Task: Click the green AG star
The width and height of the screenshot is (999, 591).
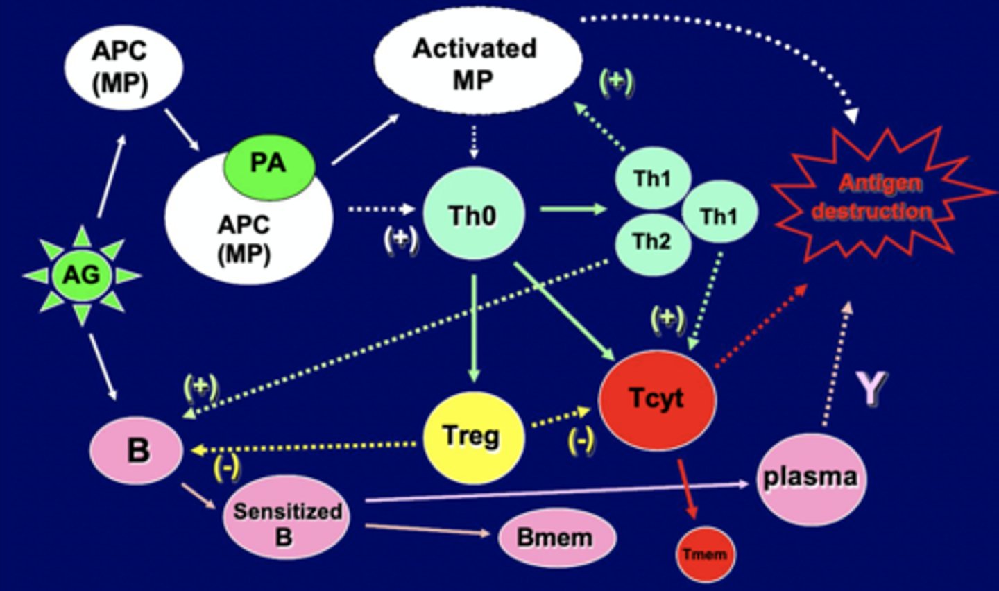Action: click(x=82, y=275)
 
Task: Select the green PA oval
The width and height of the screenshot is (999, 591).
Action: click(x=268, y=164)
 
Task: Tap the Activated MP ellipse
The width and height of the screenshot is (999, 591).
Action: click(x=477, y=63)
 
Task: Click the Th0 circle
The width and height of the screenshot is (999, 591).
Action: click(x=472, y=216)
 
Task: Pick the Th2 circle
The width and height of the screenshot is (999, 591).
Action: click(x=652, y=242)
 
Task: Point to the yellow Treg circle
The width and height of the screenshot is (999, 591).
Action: click(x=472, y=436)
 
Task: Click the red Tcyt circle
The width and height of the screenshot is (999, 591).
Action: click(x=656, y=398)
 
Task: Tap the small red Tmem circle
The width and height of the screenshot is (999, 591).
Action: click(x=705, y=554)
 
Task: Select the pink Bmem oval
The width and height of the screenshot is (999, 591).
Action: click(x=556, y=538)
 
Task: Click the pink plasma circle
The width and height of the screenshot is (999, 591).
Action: click(x=810, y=478)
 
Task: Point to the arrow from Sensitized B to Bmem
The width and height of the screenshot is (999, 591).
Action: click(x=427, y=530)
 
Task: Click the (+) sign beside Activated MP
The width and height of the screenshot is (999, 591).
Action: click(x=617, y=82)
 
